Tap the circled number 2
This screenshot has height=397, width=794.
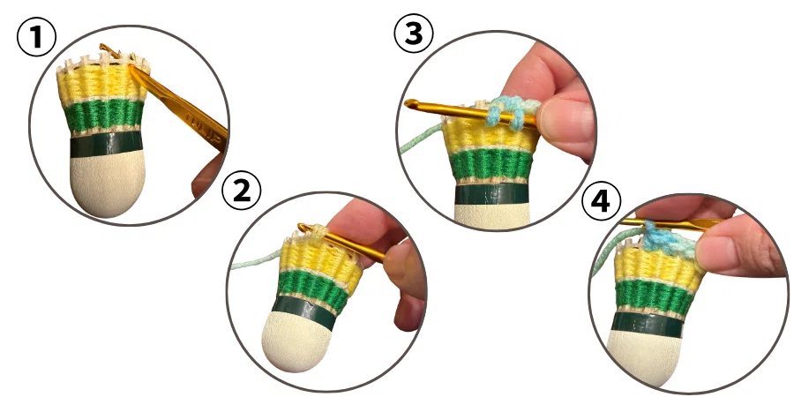242,191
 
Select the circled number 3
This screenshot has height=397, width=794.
414,33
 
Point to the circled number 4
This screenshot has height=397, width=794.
601,200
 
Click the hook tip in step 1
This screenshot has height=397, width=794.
103,47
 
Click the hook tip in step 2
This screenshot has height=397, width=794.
302,227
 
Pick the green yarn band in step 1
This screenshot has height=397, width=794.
105,116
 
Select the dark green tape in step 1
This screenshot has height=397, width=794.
107,146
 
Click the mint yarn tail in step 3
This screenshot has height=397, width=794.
421,138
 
